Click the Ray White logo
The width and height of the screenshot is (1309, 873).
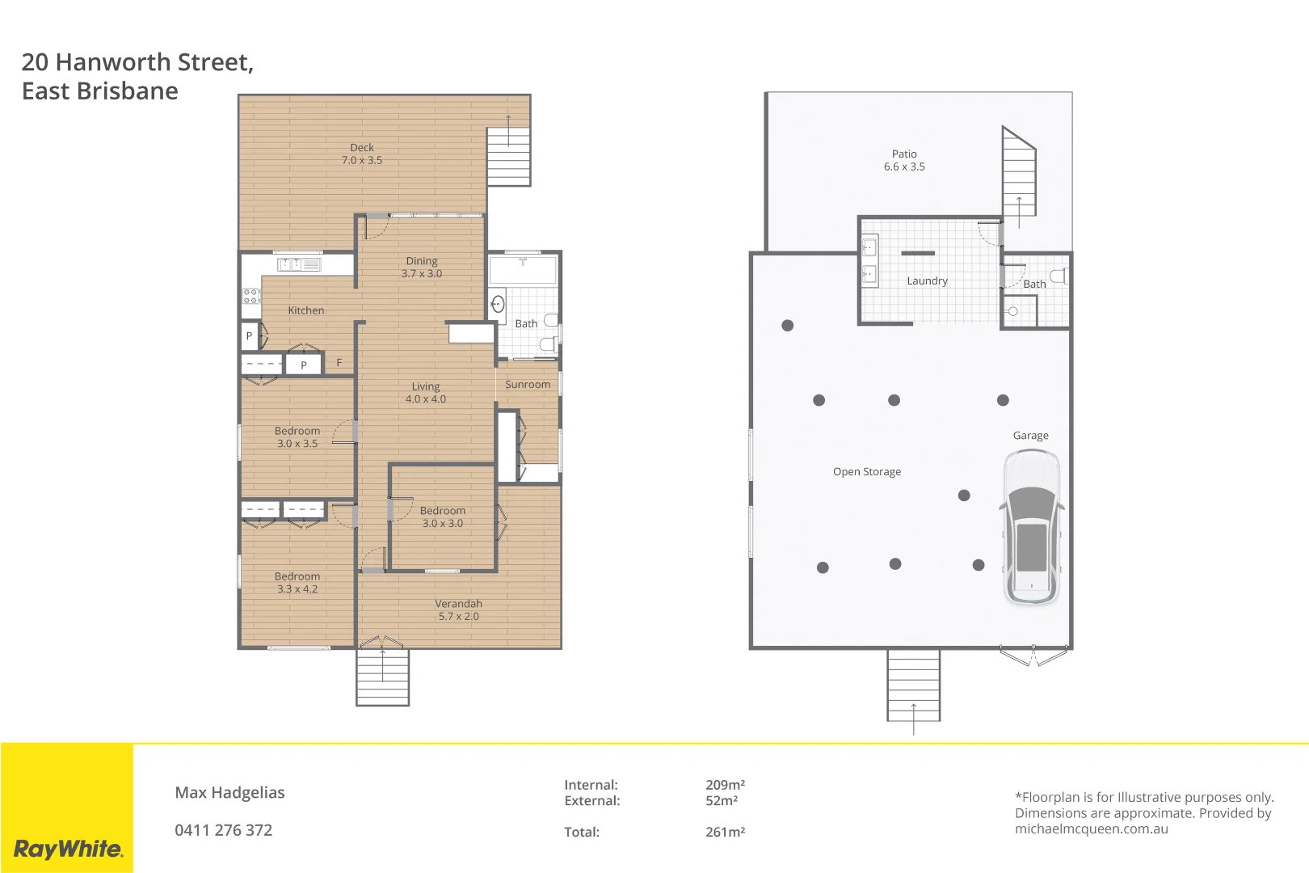click(x=68, y=849)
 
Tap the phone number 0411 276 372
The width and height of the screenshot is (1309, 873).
click(x=224, y=830)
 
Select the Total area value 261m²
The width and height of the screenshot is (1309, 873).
click(x=725, y=832)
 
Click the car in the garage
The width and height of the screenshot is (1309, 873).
click(x=1031, y=527)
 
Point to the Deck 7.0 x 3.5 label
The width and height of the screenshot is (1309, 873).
click(x=362, y=154)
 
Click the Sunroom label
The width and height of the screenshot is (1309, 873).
click(x=528, y=385)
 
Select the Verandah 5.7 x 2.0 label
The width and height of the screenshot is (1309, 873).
click(x=458, y=610)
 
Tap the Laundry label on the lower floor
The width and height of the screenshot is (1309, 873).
click(x=927, y=281)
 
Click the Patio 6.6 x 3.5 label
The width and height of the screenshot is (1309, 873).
click(x=904, y=160)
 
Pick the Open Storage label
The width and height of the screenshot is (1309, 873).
click(x=867, y=472)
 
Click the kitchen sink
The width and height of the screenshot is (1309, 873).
click(x=299, y=264)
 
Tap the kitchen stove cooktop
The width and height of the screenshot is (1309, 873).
click(x=251, y=296)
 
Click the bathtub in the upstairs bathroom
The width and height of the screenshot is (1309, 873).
click(x=523, y=269)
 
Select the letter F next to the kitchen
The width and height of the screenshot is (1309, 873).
click(x=339, y=363)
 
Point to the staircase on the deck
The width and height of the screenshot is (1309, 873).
click(x=508, y=155)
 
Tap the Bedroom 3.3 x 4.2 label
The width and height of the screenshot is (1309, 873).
click(x=297, y=583)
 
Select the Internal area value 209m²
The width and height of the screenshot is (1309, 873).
click(x=725, y=785)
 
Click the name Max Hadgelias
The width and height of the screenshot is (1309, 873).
click(x=229, y=793)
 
